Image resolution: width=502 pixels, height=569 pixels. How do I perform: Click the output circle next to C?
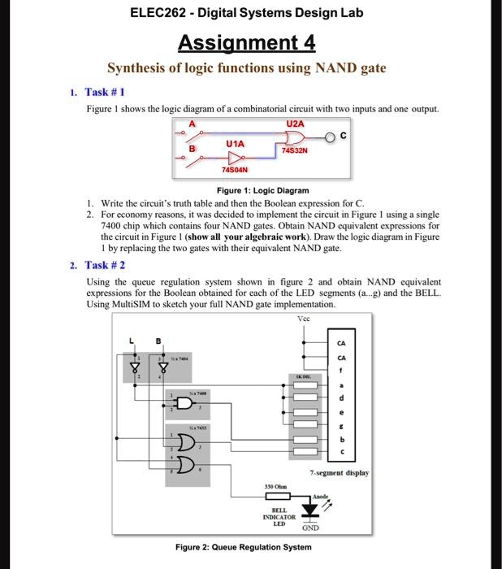tap(331, 136)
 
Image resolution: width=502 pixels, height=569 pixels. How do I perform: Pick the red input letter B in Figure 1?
tap(193, 149)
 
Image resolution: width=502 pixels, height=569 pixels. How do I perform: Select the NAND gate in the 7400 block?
tap(186, 403)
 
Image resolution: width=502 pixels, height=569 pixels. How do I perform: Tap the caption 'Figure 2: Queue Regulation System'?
tap(243, 547)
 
